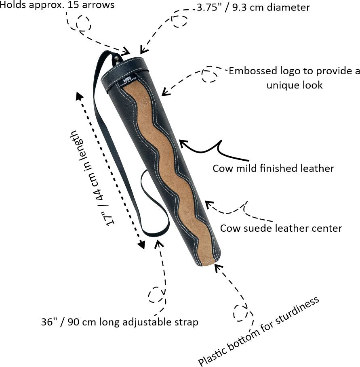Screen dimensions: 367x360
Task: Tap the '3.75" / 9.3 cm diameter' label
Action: [x=253, y=8]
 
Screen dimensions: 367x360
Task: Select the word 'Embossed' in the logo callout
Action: [x=251, y=71]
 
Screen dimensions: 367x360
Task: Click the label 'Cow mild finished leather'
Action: [x=273, y=168]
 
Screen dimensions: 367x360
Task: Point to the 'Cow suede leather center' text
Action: [x=281, y=229]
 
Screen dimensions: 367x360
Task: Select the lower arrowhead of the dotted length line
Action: [x=141, y=244]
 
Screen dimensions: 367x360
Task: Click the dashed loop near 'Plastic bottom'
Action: [x=241, y=312]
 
